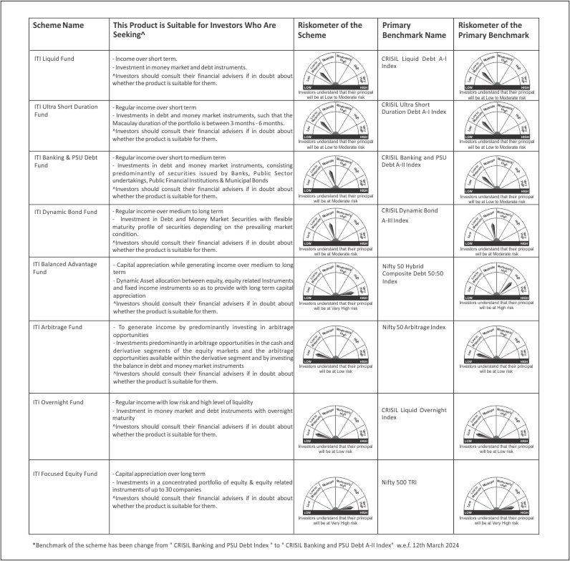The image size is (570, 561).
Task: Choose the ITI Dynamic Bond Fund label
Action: [x=65, y=212]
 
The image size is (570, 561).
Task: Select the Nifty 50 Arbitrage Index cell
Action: [x=414, y=327]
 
